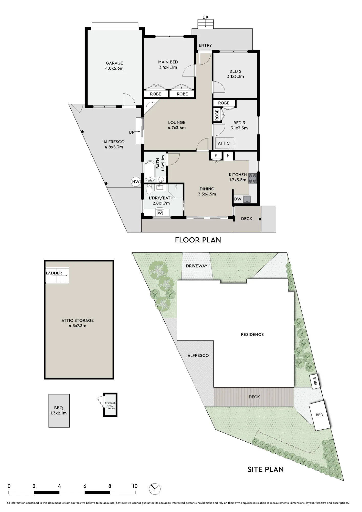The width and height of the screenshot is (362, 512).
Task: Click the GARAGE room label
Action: point(114,63)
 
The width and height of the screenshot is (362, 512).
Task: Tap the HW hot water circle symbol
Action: point(136,182)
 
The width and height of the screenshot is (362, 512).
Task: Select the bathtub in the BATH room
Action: point(150,171)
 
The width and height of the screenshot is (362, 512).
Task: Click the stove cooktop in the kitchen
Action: point(252,178)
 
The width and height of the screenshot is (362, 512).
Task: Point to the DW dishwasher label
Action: point(238,199)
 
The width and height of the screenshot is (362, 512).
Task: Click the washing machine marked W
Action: point(160,213)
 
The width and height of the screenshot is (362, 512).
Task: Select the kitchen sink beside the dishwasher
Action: point(247,199)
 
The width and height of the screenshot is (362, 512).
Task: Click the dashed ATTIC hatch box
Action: point(223,143)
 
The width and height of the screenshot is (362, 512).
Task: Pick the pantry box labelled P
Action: point(216,155)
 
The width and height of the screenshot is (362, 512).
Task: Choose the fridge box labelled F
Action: point(228,155)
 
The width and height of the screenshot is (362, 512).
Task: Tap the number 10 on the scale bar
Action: point(135,486)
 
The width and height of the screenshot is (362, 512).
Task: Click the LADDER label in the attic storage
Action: point(54,273)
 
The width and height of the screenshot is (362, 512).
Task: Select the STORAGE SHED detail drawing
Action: point(110,405)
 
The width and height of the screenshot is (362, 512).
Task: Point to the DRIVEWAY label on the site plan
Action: point(197,266)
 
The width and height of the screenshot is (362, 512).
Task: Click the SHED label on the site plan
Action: point(315,382)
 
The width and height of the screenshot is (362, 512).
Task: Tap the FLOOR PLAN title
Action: point(198,240)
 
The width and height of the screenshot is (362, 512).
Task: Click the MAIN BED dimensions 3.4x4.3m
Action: point(168,67)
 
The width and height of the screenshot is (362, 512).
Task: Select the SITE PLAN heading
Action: point(265,469)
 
